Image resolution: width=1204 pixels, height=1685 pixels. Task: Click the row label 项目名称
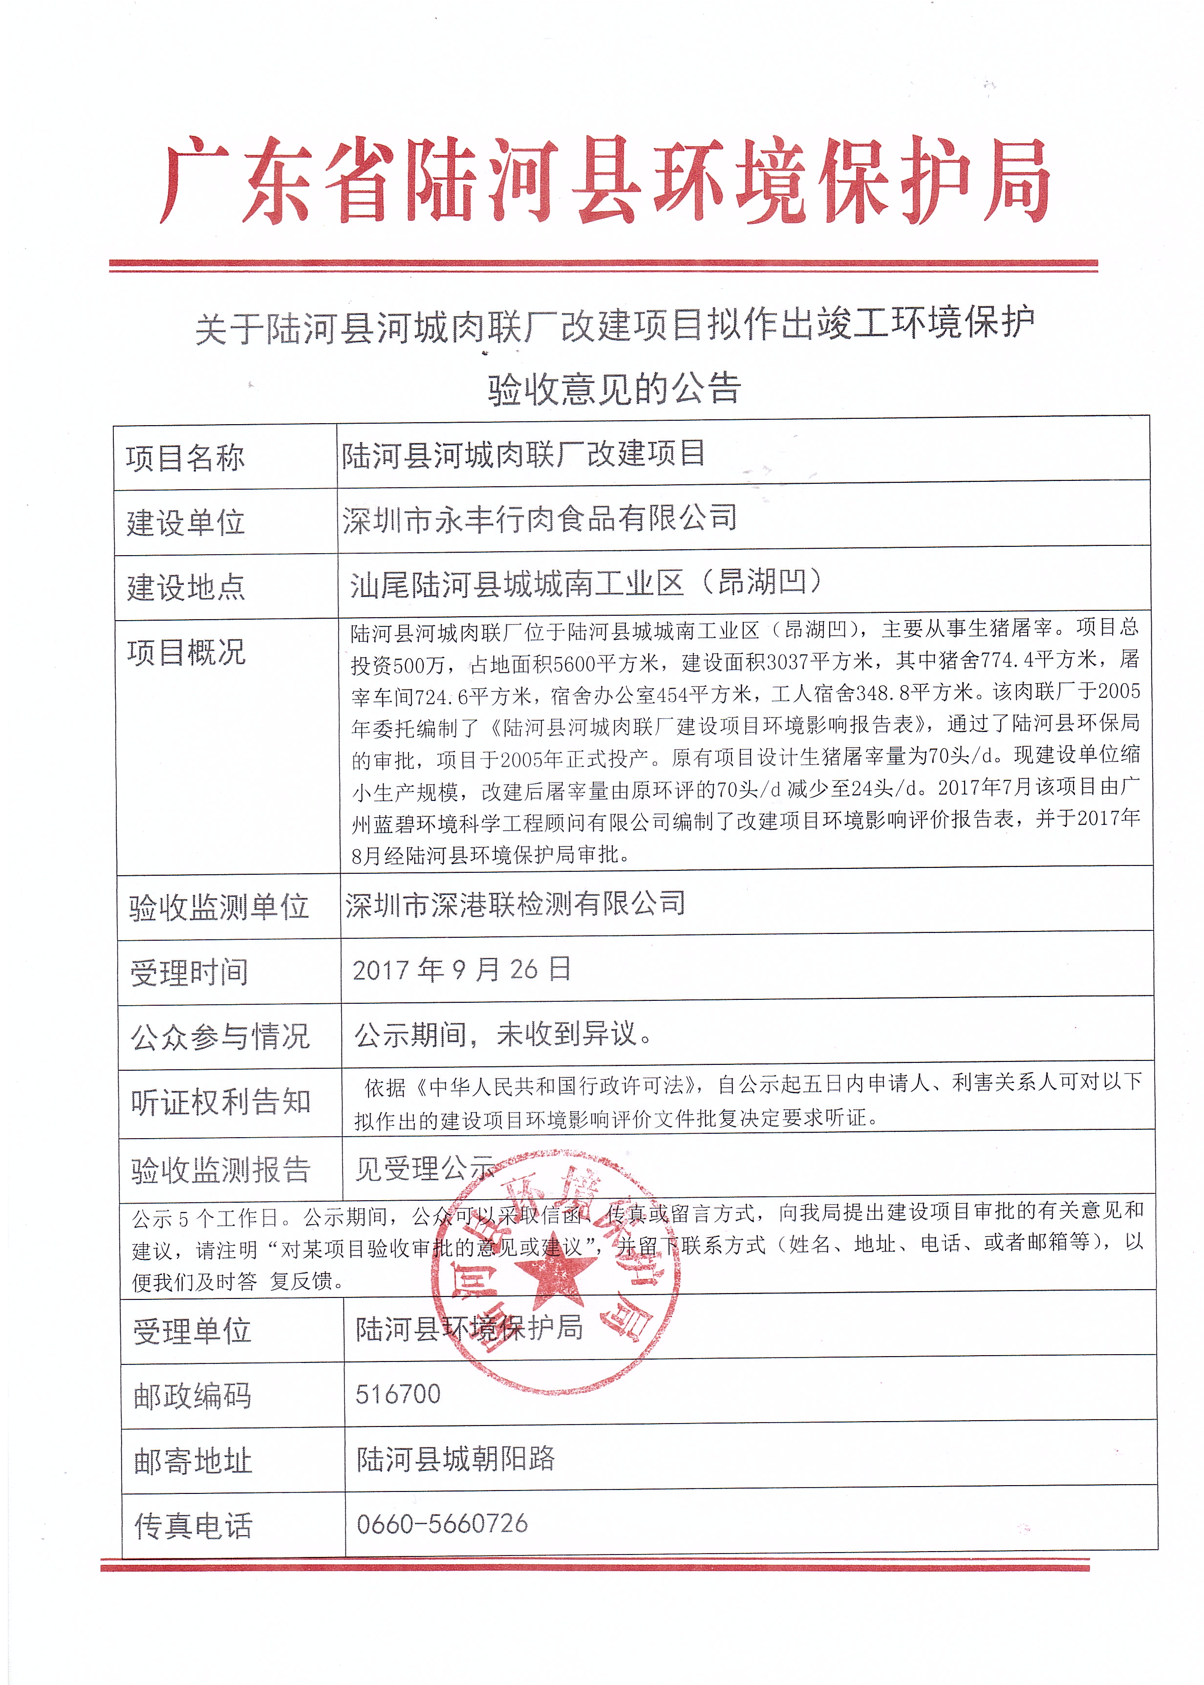(x=185, y=458)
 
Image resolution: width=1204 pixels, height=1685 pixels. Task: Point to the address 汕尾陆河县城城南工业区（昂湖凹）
(x=586, y=583)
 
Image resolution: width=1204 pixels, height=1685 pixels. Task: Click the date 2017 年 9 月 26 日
(x=462, y=970)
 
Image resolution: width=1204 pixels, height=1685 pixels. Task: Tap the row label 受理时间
(x=190, y=972)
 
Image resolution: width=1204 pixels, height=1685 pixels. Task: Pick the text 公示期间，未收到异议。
(x=503, y=1034)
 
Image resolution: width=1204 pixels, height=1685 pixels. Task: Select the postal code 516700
(x=398, y=1394)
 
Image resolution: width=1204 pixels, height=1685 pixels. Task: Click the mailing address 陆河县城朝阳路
(x=455, y=1459)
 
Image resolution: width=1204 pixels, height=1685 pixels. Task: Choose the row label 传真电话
(x=193, y=1526)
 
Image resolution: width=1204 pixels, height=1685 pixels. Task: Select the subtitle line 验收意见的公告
(x=614, y=389)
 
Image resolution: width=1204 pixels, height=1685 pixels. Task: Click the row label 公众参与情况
(x=220, y=1037)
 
